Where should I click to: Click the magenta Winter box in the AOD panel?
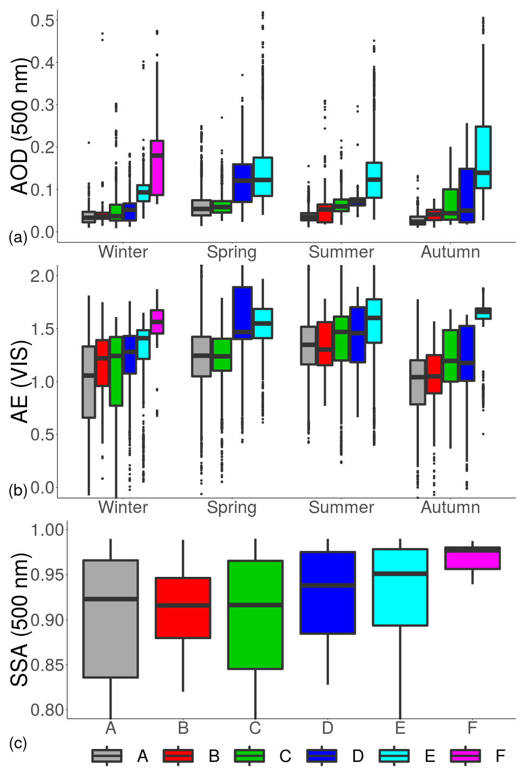click(157, 168)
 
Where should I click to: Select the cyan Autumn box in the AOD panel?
click(483, 157)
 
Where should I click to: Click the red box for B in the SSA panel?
click(183, 608)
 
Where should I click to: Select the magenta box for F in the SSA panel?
click(472, 558)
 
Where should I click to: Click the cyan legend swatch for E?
click(394, 756)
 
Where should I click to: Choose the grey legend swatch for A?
click(107, 756)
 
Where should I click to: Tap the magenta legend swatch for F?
click(465, 756)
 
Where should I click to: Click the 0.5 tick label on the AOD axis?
click(42, 21)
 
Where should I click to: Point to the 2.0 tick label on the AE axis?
click(42, 276)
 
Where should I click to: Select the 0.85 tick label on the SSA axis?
click(48, 665)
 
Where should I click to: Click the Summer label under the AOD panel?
click(341, 252)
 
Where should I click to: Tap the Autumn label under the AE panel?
click(450, 508)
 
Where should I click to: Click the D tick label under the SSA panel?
click(327, 728)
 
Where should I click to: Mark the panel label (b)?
click(18, 490)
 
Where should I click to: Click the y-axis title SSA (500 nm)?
click(19, 620)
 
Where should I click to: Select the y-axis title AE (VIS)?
click(19, 382)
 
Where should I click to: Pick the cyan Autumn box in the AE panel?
click(483, 313)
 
